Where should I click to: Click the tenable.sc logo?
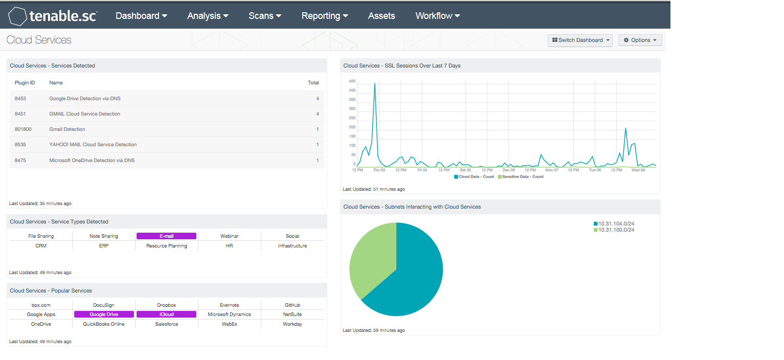[x=53, y=16]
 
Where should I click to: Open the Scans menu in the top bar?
[x=264, y=16]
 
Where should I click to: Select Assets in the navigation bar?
[x=381, y=16]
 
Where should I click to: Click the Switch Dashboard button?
[x=580, y=40]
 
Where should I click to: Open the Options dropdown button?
[x=640, y=40]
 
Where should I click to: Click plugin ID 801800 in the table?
[x=23, y=129]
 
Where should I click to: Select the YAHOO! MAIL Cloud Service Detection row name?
[x=93, y=145]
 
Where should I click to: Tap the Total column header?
[x=313, y=82]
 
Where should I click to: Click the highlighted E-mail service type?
[x=166, y=236]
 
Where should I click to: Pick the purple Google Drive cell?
[x=104, y=314]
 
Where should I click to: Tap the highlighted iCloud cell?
[x=166, y=314]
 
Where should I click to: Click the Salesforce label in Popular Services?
[x=167, y=324]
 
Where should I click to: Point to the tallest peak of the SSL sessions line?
[x=375, y=83]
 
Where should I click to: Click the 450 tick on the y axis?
[x=352, y=81]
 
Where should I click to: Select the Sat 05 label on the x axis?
[x=465, y=170]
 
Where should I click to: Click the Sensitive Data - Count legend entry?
[x=521, y=177]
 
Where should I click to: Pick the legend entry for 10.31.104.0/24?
[x=614, y=223]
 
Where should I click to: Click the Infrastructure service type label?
[x=292, y=246]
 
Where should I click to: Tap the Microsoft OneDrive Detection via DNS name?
[x=92, y=160]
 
